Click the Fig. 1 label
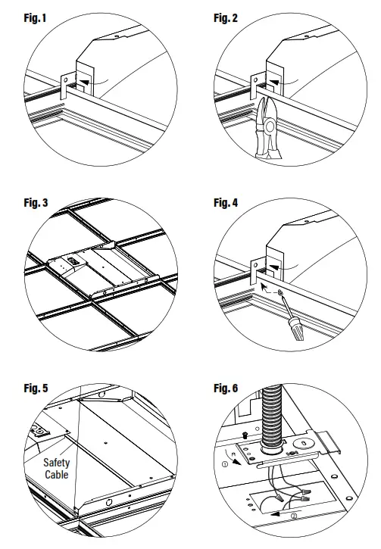pos(35,18)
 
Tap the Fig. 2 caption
pos(226,18)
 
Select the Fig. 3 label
pos(36,203)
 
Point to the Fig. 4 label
pos(226,203)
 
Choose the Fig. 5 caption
pos(36,388)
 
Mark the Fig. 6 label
pos(226,388)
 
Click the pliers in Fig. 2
pos(268,128)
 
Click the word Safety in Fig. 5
pos(56,463)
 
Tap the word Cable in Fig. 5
pos(56,475)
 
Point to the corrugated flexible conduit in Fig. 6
pos(272,416)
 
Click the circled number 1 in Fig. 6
pos(225,464)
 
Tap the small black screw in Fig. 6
pos(245,435)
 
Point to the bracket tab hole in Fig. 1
pos(66,80)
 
